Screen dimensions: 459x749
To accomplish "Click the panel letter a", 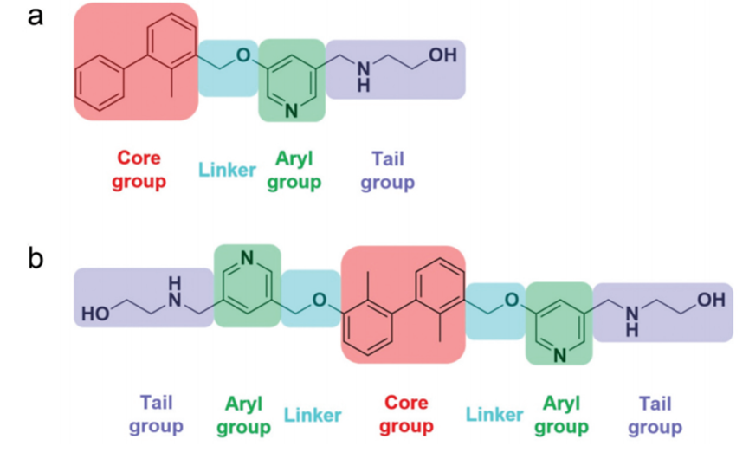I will [x=36, y=17].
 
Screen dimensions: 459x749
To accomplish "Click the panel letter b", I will [x=36, y=258].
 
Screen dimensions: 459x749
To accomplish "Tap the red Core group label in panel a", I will [x=139, y=171].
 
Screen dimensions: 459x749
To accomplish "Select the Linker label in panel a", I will [x=228, y=169].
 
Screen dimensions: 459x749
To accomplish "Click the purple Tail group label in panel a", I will [x=387, y=171].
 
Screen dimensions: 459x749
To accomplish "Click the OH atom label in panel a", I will [x=442, y=55].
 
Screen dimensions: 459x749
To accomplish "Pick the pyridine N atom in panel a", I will [x=291, y=109].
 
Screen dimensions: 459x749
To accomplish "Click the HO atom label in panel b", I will [x=96, y=314].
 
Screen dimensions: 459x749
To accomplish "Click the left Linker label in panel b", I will [x=312, y=415].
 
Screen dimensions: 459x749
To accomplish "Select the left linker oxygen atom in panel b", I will [x=320, y=300].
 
